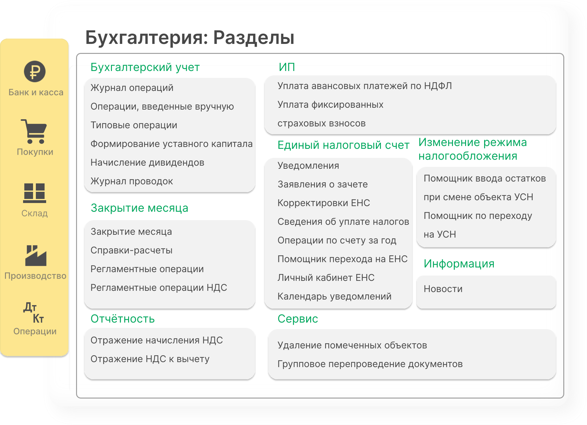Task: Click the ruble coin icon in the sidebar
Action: (x=35, y=72)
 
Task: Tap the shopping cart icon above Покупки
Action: (x=34, y=131)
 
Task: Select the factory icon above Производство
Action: (x=36, y=256)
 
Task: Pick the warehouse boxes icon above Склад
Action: (x=35, y=193)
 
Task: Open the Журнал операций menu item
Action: (x=132, y=88)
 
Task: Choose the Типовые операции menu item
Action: (x=134, y=125)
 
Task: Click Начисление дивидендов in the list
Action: (x=147, y=163)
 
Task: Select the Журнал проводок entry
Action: (x=132, y=181)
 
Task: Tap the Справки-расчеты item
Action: (x=131, y=250)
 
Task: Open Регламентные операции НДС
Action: (x=159, y=288)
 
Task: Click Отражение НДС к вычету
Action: (x=150, y=359)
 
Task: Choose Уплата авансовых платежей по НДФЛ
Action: (x=364, y=86)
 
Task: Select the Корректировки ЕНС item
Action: (x=324, y=203)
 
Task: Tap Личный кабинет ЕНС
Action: (x=326, y=278)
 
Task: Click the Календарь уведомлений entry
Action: (x=334, y=296)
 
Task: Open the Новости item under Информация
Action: (x=443, y=289)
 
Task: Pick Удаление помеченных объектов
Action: (x=352, y=345)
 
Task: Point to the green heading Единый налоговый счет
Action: (x=343, y=145)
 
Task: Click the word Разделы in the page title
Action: (x=254, y=38)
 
